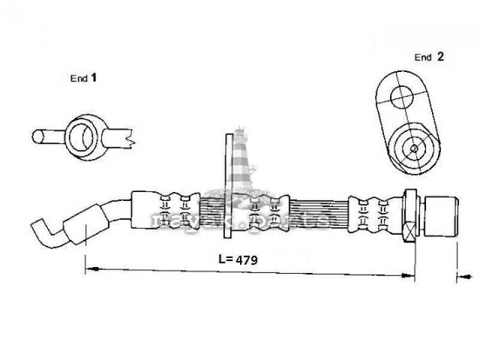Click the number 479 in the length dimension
[x=247, y=260]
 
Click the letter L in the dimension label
[x=222, y=259]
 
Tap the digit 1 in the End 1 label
[x=94, y=77]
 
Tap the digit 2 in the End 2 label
[x=440, y=56]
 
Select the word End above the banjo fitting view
[x=79, y=79]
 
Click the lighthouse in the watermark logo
[x=241, y=159]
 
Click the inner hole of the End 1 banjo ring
[x=81, y=137]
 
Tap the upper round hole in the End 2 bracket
[x=401, y=97]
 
